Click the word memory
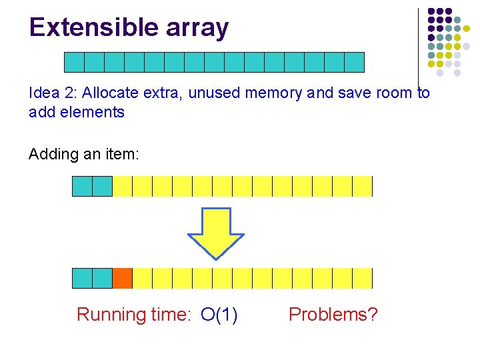273,93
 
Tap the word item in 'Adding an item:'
120,154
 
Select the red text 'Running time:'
133,314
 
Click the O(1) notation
219,314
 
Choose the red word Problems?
333,314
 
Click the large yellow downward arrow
215,233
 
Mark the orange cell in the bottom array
122,278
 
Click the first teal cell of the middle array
82,186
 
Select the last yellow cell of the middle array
362,186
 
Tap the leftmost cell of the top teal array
74,62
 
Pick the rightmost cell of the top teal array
354,62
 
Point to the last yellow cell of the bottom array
362,278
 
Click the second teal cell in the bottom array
102,278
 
